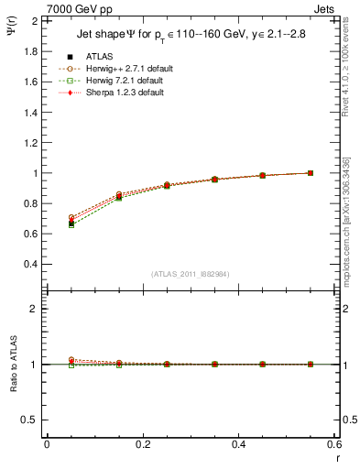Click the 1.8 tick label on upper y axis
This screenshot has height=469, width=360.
coord(29,51)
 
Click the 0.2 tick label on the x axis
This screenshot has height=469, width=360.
coord(142,444)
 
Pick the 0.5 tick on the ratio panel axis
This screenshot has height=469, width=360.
coord(29,420)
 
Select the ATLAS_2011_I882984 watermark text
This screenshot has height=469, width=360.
coord(190,274)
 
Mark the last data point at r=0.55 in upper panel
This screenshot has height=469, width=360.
coord(310,172)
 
